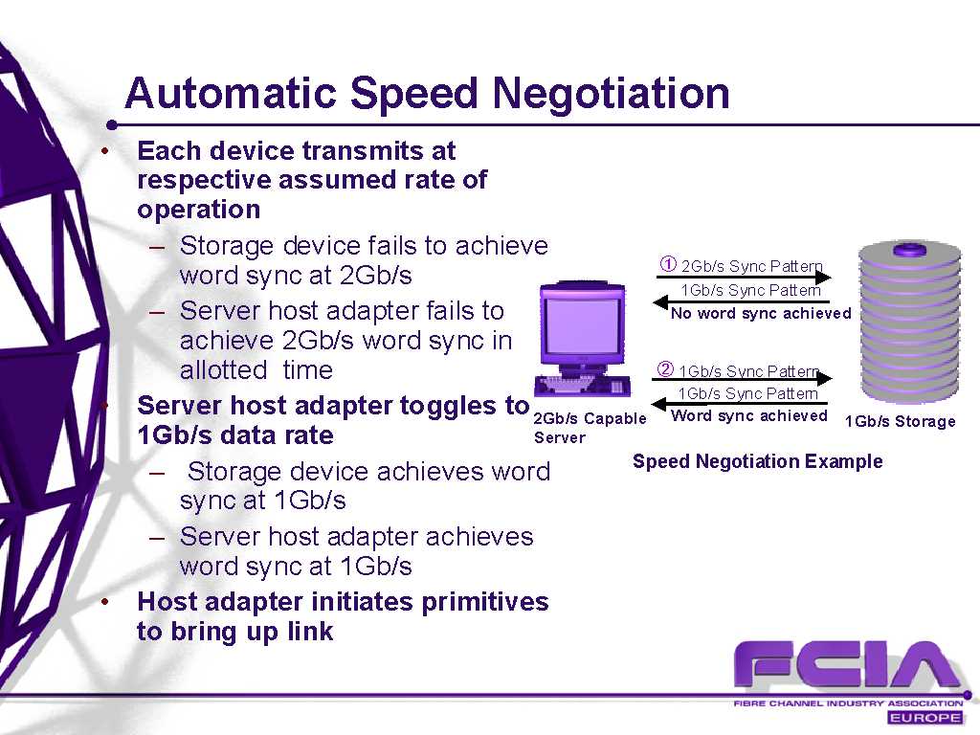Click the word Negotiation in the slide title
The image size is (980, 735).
pos(611,94)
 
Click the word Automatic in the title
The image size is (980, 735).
pos(232,93)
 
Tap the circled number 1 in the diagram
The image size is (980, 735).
pos(668,264)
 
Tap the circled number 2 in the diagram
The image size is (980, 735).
pos(666,369)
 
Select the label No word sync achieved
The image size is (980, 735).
pos(761,313)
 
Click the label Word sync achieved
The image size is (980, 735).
pos(748,415)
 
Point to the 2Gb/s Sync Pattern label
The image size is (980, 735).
pos(752,266)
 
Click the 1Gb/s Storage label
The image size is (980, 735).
pos(900,421)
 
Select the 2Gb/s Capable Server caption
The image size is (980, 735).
pos(590,428)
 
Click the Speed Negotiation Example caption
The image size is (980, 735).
pos(758,461)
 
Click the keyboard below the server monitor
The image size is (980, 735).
pos(582,386)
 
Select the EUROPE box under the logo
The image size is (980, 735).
pos(924,718)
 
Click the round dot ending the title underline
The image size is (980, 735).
pos(112,125)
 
